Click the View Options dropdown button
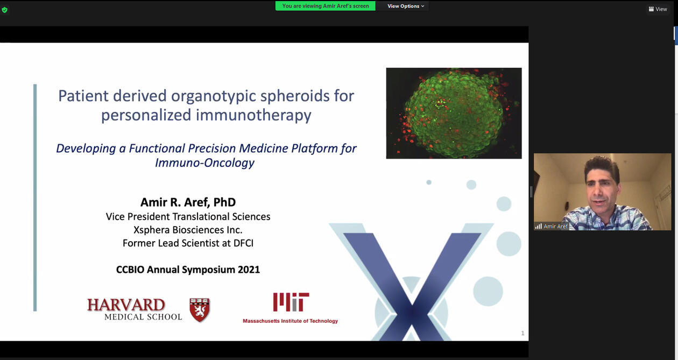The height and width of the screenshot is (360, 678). click(406, 6)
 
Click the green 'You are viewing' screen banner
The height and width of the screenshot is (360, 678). click(326, 6)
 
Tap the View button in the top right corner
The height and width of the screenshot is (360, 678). click(658, 9)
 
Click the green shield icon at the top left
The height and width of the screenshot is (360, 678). click(4, 10)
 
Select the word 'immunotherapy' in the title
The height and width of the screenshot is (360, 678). click(253, 115)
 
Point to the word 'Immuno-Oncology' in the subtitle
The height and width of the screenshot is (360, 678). click(204, 163)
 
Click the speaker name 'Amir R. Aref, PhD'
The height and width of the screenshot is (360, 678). click(188, 202)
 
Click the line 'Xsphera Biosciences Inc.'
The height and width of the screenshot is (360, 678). click(188, 230)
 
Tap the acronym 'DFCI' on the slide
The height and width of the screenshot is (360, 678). click(243, 243)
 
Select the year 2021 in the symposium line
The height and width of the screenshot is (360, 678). click(249, 270)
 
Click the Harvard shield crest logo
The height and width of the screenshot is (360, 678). click(200, 310)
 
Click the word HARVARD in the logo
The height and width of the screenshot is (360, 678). click(126, 305)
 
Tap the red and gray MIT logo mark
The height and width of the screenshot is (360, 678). click(291, 302)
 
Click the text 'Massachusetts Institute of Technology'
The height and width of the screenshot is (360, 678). click(290, 321)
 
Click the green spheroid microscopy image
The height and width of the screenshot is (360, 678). click(454, 113)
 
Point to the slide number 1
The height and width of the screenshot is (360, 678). click(522, 333)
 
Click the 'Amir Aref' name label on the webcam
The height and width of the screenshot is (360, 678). click(555, 226)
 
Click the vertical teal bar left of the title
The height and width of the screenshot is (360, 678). click(35, 197)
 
